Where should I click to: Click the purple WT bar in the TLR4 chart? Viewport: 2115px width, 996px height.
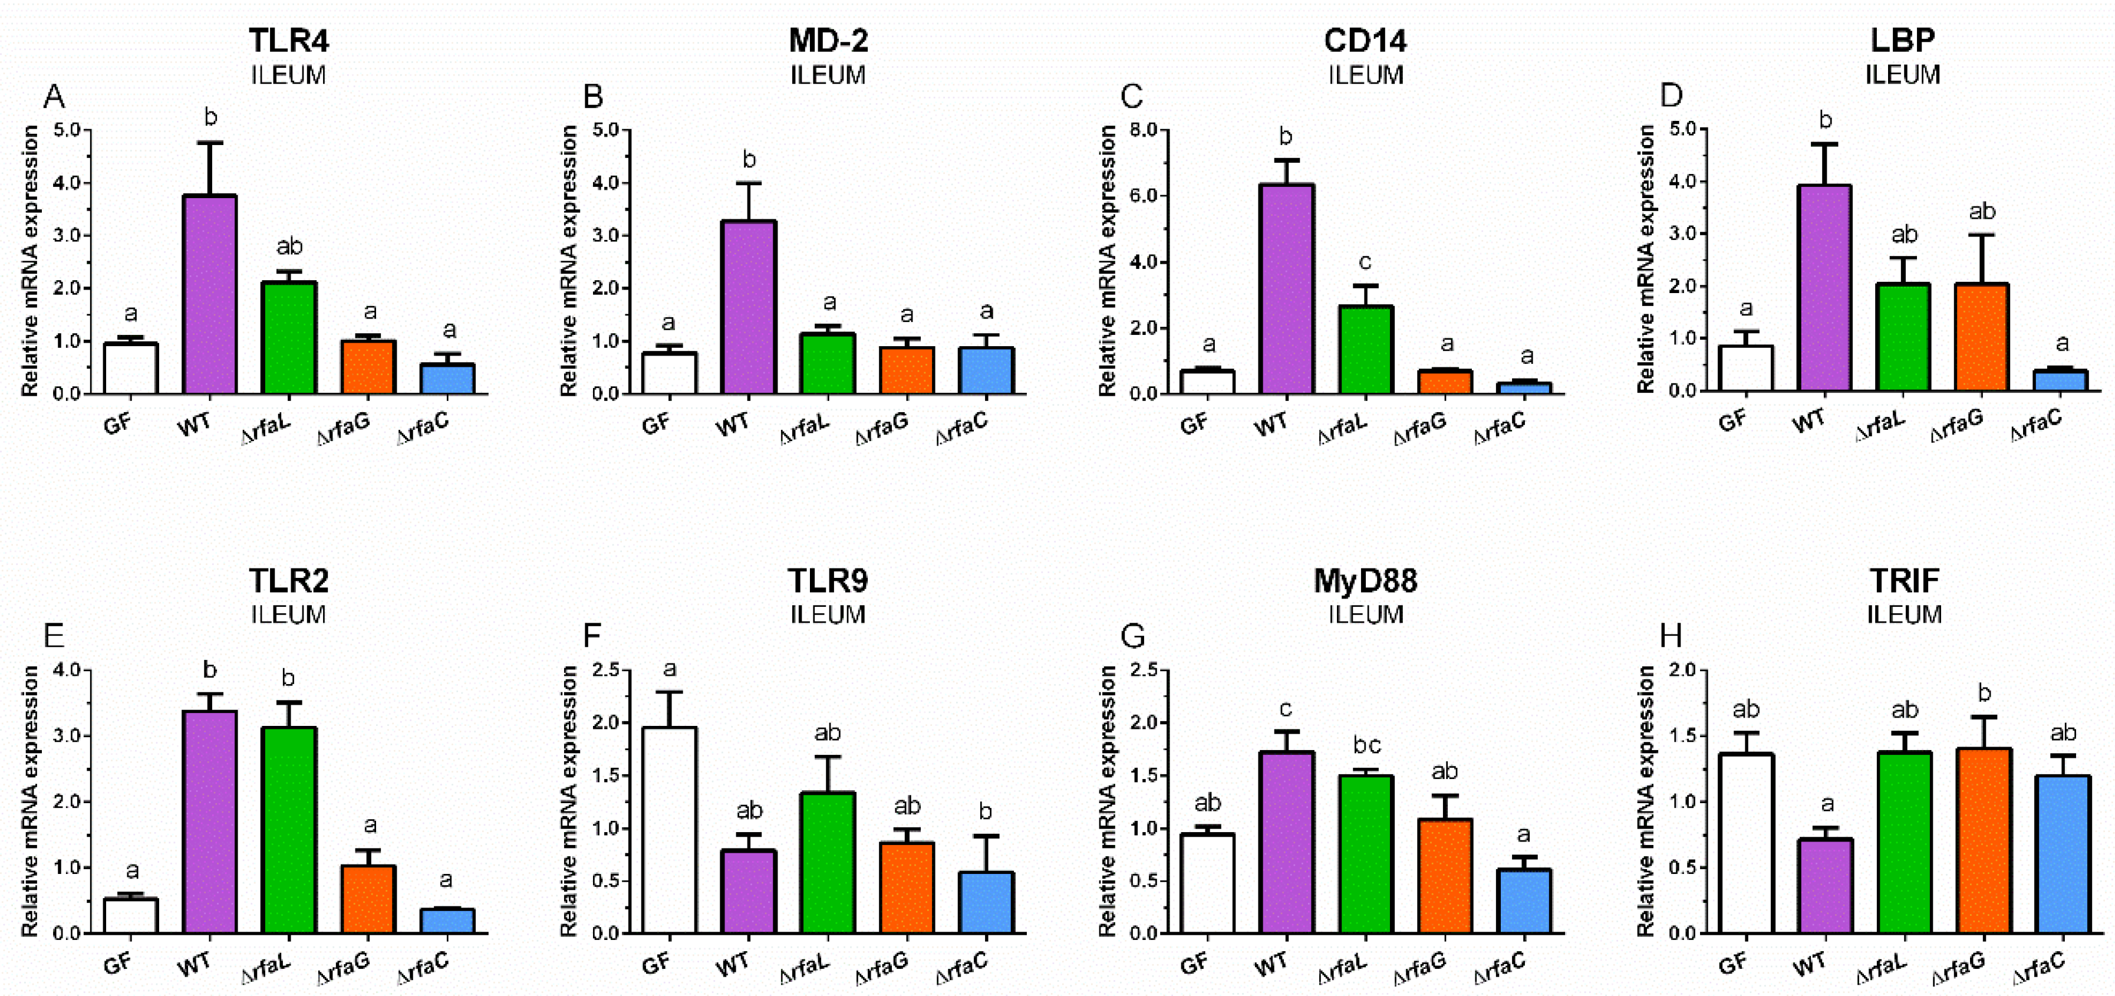210,295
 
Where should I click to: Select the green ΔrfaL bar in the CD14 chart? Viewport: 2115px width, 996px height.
1365,350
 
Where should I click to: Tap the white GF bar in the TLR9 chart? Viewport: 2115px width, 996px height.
669,829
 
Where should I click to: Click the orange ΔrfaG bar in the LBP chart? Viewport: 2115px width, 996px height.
1981,337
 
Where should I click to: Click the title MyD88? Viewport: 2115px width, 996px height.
1365,580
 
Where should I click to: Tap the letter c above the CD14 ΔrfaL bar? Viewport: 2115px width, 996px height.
1365,262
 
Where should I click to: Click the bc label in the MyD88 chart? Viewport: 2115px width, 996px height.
1366,745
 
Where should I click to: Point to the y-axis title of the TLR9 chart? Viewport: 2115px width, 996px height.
569,801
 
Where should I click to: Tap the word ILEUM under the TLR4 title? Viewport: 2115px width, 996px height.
288,75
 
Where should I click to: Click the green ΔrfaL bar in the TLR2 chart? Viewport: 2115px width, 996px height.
289,829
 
